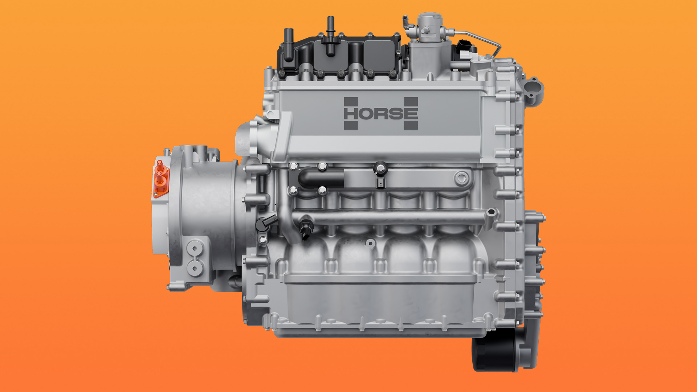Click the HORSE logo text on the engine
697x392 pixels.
point(380,113)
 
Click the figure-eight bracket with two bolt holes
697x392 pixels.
point(195,258)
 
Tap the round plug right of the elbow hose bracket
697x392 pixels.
point(461,178)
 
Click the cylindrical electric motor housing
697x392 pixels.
point(211,211)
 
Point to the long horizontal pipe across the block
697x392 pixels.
point(392,217)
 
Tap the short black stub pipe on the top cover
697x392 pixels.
point(289,44)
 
